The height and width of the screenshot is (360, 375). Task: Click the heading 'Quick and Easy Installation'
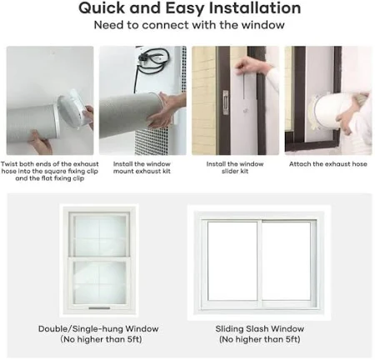pos(190,8)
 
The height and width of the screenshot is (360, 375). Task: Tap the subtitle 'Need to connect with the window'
pos(189,25)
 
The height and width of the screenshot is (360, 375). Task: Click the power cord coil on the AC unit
pos(153,58)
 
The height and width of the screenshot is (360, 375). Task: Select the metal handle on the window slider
pos(226,102)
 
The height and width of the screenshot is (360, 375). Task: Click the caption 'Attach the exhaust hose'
pos(328,164)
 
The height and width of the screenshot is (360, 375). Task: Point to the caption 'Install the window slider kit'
pos(235,167)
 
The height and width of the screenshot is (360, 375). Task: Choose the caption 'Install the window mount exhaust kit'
pos(142,167)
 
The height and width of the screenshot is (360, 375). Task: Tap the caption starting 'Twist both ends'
pos(50,171)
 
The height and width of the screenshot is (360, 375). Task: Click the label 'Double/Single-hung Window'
pos(98,329)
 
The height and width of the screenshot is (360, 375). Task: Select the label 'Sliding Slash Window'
pos(260,329)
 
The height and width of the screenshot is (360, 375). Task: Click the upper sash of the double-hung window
pos(99,234)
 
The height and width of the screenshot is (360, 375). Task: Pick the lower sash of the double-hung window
pos(99,282)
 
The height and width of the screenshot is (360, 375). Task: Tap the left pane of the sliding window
pos(232,261)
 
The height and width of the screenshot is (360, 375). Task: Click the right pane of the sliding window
pos(286,261)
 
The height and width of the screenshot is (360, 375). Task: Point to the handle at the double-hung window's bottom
pos(99,307)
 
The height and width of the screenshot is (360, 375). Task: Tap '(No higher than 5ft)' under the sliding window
pos(260,339)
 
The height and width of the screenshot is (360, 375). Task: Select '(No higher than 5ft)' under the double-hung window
pos(101,339)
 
